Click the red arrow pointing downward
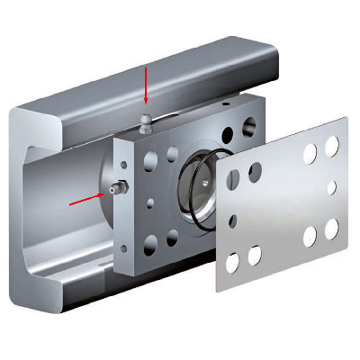coord(147,87)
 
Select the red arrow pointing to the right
coord(86,197)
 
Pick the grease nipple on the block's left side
coord(112,189)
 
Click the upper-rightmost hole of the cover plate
coord(332,144)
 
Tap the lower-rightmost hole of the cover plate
coord(330,228)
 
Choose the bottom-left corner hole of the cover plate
coord(232,263)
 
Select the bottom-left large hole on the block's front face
coord(149,240)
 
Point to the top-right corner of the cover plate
coord(344,118)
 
